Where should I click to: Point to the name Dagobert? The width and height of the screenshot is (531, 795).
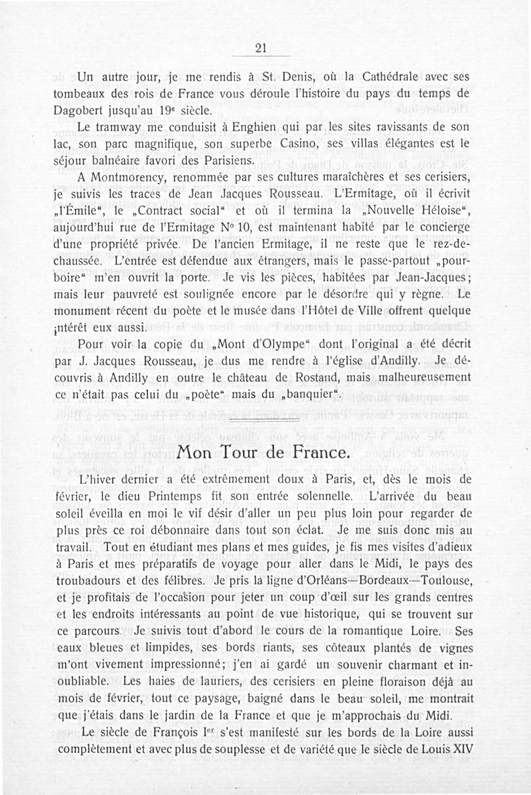(x=81, y=112)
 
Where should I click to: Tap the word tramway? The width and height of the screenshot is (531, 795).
(x=120, y=128)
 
